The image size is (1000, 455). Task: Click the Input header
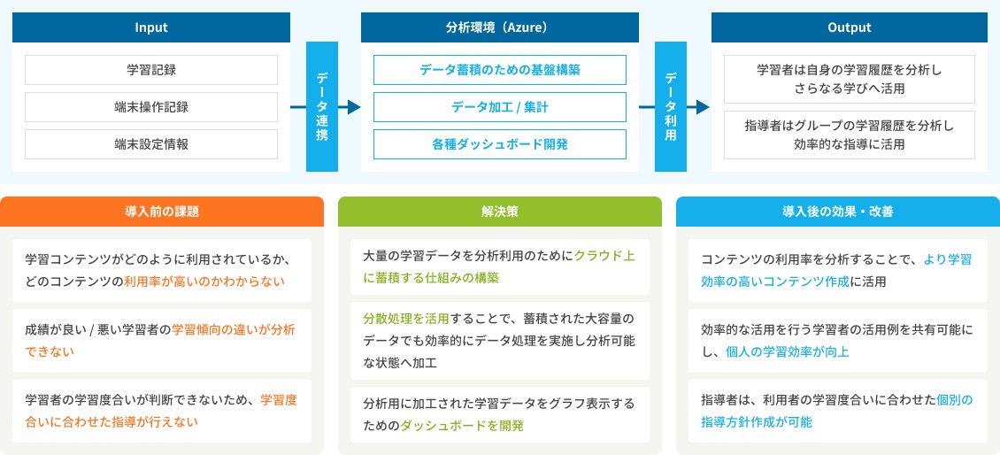[150, 27]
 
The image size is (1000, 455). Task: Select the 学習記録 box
[150, 69]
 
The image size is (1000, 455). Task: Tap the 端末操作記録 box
[150, 107]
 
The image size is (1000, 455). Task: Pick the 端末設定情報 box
[150, 144]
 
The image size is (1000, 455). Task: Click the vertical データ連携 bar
[322, 107]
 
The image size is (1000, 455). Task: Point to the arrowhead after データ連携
[354, 107]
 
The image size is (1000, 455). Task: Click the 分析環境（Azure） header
[499, 27]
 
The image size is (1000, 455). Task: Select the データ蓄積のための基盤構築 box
[499, 69]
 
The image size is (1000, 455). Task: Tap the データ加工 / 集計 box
[499, 107]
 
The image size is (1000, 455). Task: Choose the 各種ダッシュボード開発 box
[499, 144]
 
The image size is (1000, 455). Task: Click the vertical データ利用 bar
[671, 107]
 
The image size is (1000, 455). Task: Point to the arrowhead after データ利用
[703, 107]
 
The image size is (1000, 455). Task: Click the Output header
[850, 27]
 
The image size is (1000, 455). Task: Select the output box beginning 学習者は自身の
[850, 79]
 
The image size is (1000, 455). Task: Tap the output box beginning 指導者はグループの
[850, 135]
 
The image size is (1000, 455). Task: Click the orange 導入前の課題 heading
[162, 212]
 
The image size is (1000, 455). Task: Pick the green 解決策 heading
[500, 212]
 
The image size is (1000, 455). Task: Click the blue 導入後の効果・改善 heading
[837, 212]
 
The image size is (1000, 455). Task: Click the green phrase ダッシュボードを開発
[462, 426]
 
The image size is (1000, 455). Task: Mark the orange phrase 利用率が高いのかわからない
[205, 282]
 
